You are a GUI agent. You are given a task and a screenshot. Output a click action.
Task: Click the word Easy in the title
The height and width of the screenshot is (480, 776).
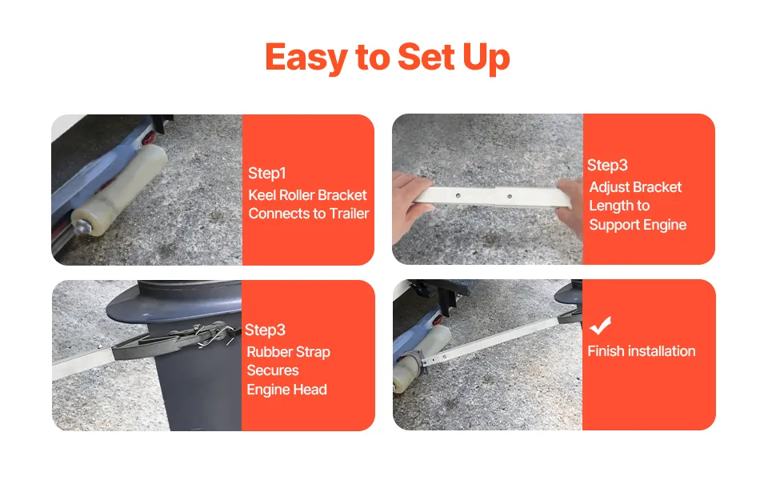pos(307,58)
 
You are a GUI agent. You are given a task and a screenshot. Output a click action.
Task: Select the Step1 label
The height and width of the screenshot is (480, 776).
pos(266,173)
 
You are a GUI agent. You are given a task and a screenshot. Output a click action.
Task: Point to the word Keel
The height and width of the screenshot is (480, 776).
pos(262,195)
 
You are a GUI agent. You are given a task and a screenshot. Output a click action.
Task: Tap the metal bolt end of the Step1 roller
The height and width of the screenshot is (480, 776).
pos(79,226)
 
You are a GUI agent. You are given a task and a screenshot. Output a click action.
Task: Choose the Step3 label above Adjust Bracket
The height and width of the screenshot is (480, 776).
pos(607,166)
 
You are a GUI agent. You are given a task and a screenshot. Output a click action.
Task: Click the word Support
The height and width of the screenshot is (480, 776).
pos(614,225)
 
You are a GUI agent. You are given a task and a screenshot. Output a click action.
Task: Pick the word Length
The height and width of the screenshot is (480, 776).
pos(609,206)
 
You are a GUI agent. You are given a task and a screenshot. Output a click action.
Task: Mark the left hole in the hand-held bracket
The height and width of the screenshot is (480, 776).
pos(458,195)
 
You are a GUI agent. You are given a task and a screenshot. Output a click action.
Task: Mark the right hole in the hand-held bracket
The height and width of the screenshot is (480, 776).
pos(510,197)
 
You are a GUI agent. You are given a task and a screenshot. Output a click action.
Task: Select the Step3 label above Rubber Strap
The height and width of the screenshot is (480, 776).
pos(265,330)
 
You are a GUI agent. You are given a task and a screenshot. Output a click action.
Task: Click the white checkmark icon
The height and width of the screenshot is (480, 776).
pos(600,325)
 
